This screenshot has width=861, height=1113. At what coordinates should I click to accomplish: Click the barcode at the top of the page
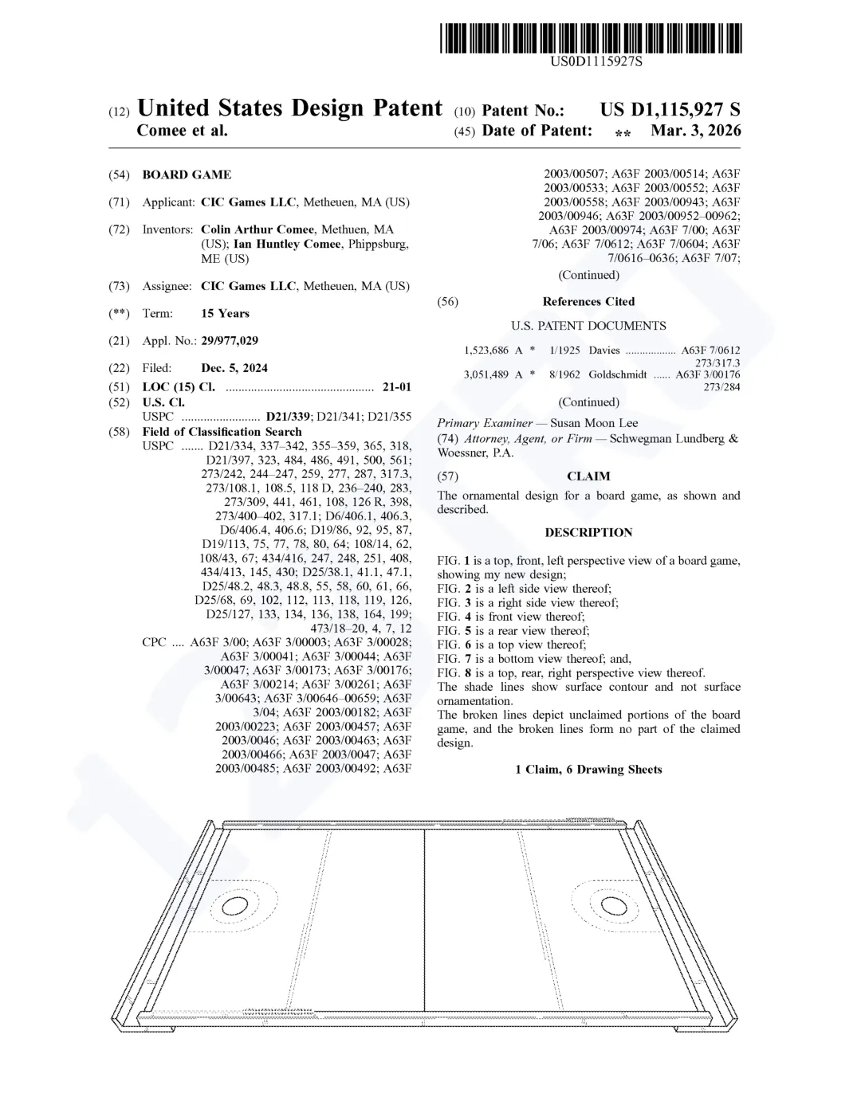point(590,38)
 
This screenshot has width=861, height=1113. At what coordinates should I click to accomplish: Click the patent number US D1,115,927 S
point(670,110)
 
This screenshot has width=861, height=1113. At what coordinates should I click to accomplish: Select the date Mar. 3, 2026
point(695,131)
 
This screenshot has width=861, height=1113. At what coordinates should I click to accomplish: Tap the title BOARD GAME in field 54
point(187,174)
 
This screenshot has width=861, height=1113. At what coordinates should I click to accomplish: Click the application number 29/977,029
point(230,341)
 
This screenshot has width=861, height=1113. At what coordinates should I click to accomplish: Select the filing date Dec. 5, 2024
point(234,368)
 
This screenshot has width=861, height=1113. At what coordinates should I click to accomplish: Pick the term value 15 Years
point(225,314)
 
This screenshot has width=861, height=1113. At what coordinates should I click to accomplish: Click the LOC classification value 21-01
point(397,387)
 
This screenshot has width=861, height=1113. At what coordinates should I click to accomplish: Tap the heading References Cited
point(588,301)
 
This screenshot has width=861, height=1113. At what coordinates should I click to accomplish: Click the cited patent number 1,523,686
point(486,351)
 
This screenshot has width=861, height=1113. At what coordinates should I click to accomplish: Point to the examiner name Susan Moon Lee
point(594,423)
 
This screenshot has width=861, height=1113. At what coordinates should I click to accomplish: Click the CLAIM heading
point(588,476)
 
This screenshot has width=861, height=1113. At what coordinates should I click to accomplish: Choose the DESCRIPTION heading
point(588,532)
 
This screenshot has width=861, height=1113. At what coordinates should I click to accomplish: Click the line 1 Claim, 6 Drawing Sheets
point(588,769)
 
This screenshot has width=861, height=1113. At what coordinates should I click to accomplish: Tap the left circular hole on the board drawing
point(235,906)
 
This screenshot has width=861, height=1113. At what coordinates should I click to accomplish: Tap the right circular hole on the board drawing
point(614,906)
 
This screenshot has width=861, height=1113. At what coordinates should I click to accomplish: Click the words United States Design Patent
point(289,108)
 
